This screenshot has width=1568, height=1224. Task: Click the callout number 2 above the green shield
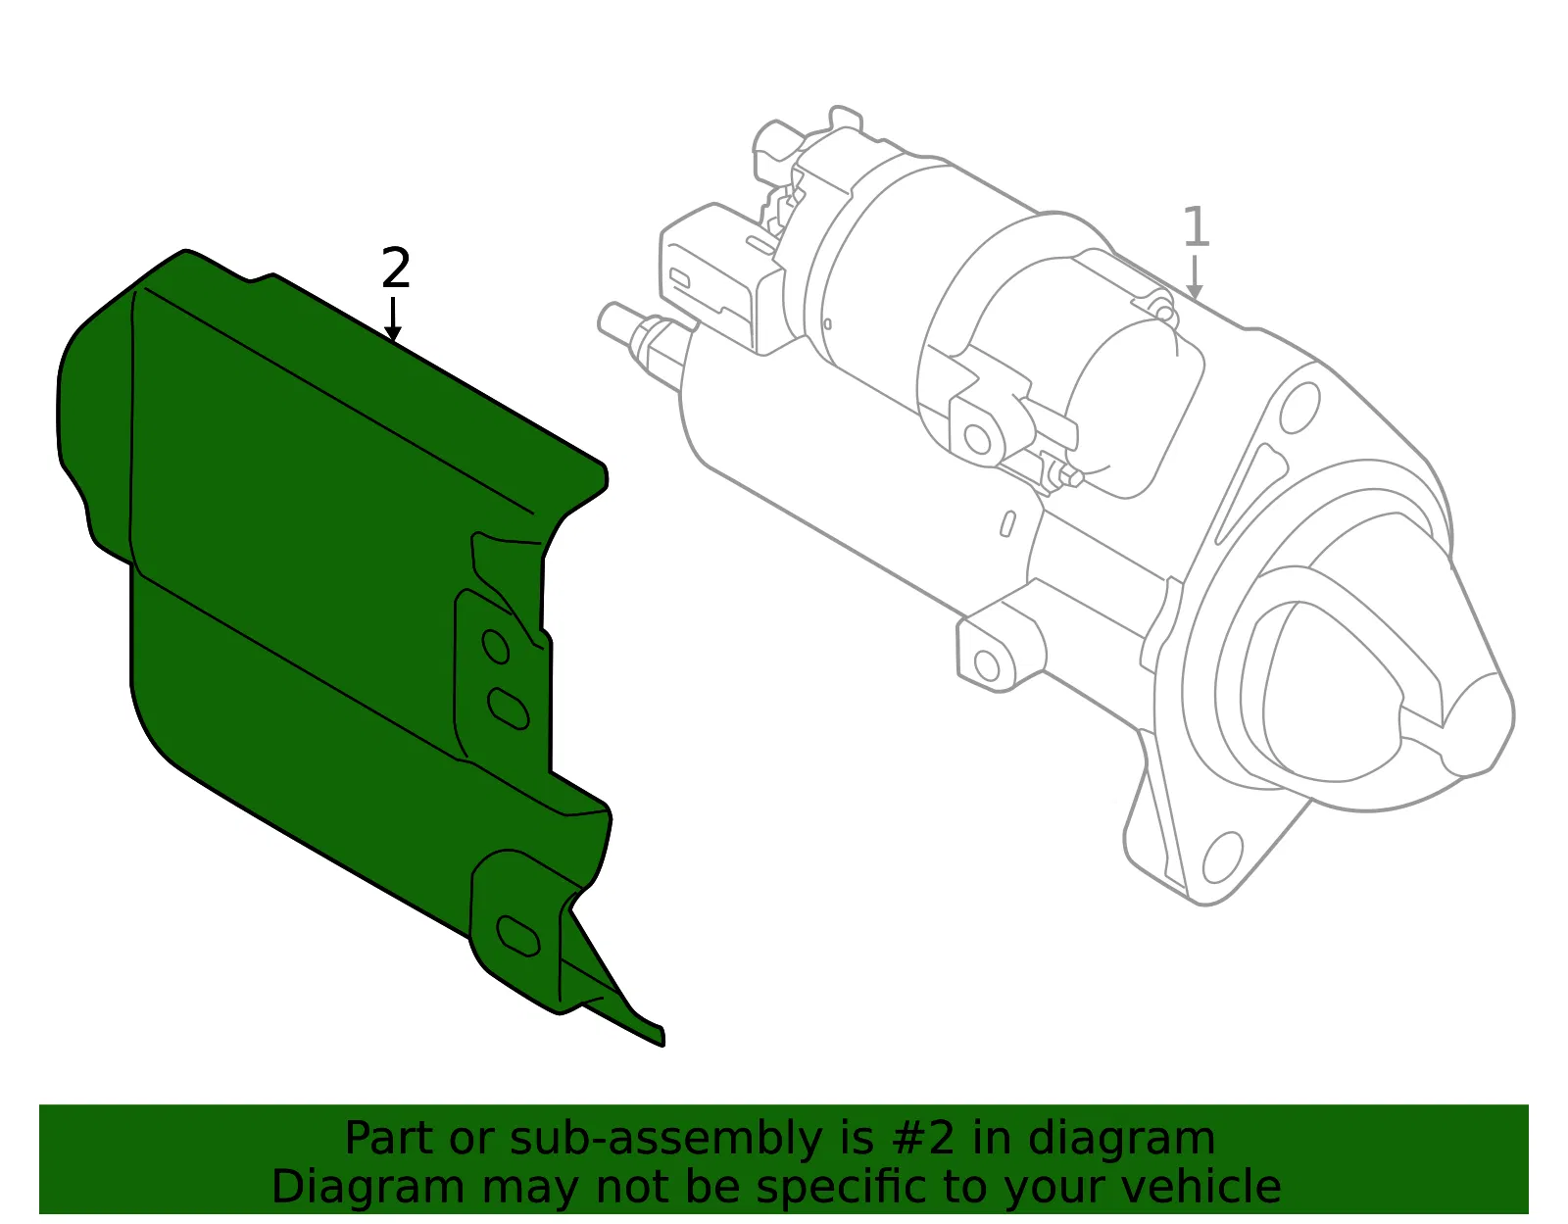pos(396,268)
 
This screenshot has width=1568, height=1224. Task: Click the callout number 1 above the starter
pos(1196,226)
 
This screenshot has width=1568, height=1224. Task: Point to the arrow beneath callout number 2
pos(393,318)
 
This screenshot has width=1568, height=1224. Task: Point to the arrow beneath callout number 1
pos(1195,277)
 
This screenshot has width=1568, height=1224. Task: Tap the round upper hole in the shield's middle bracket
pos(496,646)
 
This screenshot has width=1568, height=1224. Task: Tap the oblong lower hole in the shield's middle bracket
pos(509,709)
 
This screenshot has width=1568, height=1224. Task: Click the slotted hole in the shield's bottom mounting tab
pos(518,936)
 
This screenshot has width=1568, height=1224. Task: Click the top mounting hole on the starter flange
pos(1299,408)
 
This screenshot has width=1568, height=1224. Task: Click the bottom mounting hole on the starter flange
pos(1223,857)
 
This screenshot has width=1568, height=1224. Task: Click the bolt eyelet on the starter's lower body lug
pos(987,665)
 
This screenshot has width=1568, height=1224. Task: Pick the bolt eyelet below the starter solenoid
pos(978,439)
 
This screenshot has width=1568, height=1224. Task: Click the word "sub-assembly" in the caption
pos(665,1139)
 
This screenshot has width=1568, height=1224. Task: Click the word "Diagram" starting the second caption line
pos(368,1188)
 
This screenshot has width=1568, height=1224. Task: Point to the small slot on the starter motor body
pos(1007,523)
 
